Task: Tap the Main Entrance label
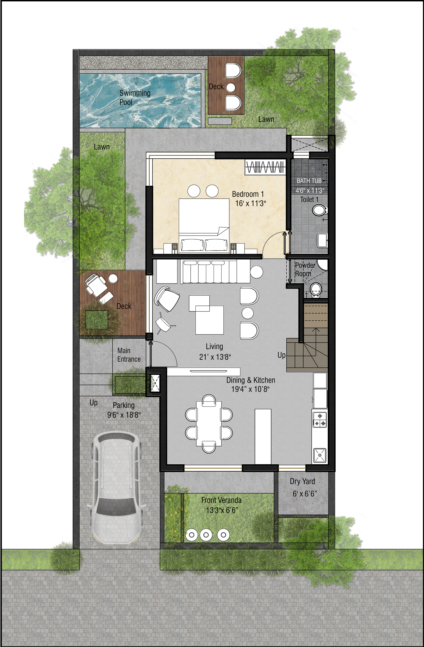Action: (129, 355)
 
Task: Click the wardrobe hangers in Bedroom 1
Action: (265, 167)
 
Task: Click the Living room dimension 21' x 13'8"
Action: (215, 357)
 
